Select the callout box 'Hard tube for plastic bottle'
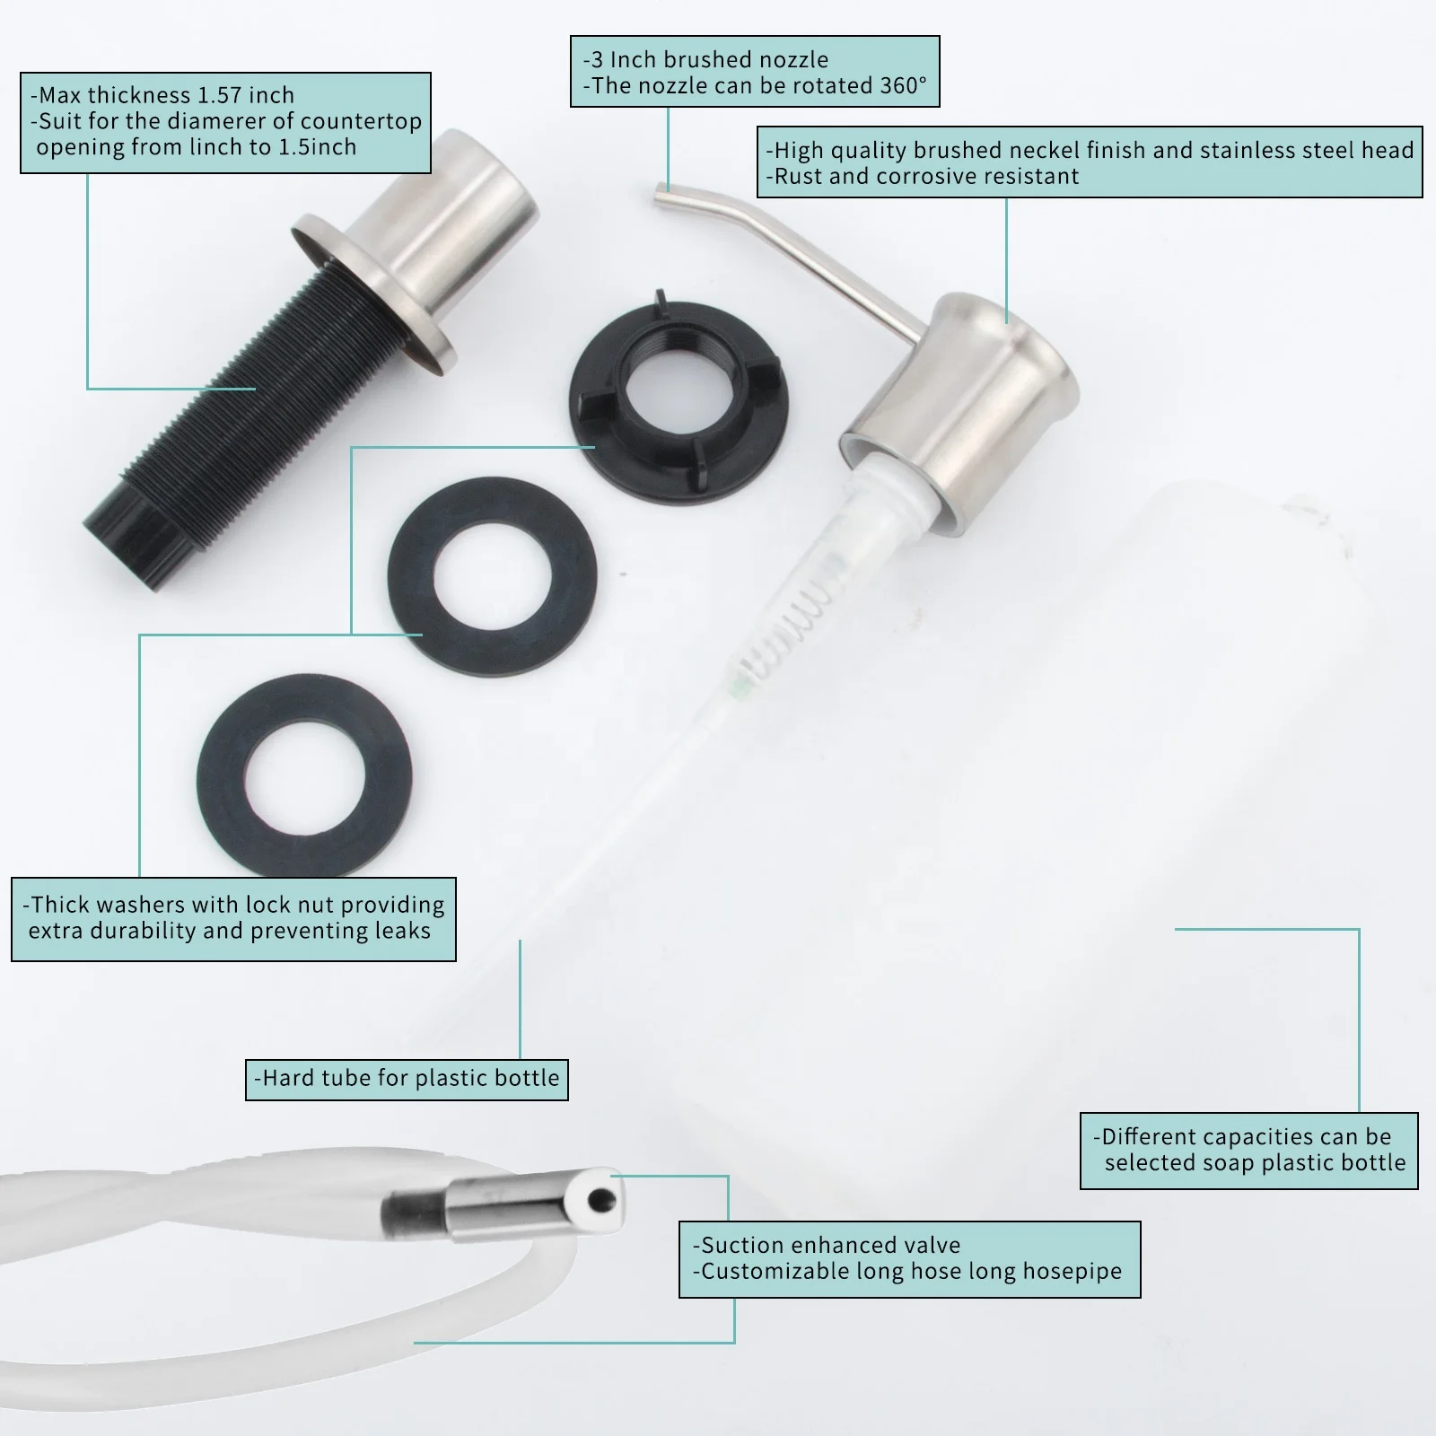(407, 1079)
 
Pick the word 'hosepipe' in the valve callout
(1072, 1272)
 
